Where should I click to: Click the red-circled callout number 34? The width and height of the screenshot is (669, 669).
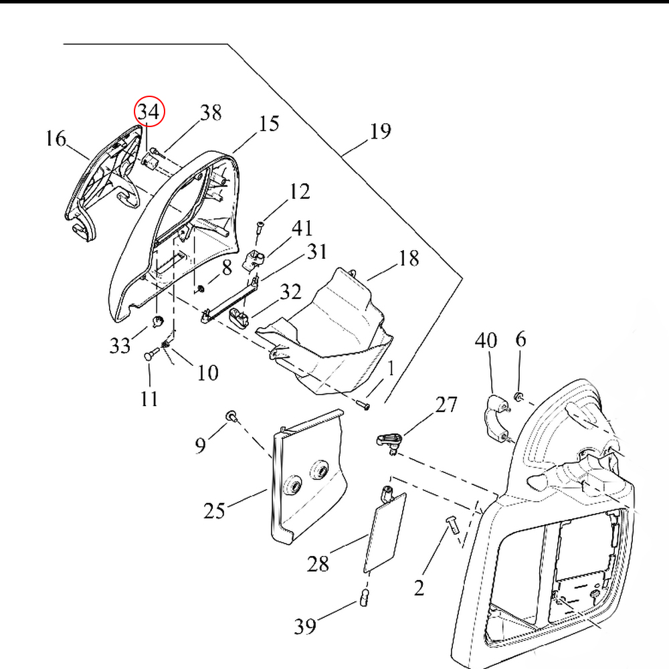coord(149,112)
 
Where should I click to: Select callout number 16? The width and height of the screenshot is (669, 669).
coord(56,139)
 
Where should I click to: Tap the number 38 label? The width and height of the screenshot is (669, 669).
coord(211,112)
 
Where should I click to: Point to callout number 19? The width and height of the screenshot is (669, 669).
coord(380,131)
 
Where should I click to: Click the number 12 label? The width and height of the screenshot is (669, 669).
coord(300,192)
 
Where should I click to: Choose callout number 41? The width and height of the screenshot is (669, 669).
coord(302,228)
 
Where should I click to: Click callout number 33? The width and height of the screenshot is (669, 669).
coord(120,345)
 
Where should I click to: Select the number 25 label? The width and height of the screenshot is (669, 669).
coord(215,511)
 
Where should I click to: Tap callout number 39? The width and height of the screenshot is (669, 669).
coord(305,627)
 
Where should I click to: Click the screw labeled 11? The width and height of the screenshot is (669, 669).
coord(150,355)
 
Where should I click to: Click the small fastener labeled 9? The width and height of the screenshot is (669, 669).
coord(231,417)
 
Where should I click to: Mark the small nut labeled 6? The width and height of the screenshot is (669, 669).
coord(518,397)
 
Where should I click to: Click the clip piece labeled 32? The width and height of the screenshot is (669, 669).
coord(238,316)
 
